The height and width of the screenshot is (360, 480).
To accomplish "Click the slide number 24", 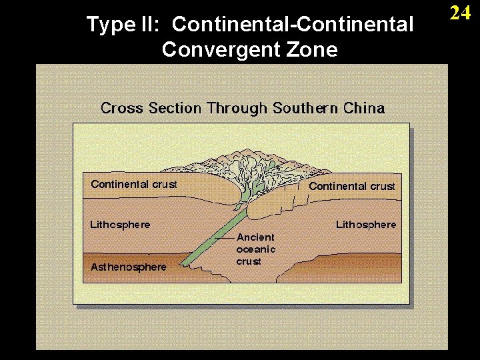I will (x=461, y=13).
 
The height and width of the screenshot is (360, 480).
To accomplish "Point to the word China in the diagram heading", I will (x=363, y=108).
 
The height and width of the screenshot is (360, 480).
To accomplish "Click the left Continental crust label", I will (x=134, y=184).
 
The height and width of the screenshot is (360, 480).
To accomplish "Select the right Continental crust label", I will (x=352, y=186).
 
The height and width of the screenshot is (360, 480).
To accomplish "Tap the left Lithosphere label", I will (x=120, y=225).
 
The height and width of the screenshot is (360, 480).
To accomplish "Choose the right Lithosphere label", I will (x=366, y=225).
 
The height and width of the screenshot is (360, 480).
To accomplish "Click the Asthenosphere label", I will (x=129, y=267).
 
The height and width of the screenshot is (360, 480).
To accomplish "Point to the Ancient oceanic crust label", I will (x=255, y=249).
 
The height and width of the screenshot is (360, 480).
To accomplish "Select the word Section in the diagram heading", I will (x=177, y=108).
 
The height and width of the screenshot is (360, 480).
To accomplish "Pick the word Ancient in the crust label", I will (x=255, y=237).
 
